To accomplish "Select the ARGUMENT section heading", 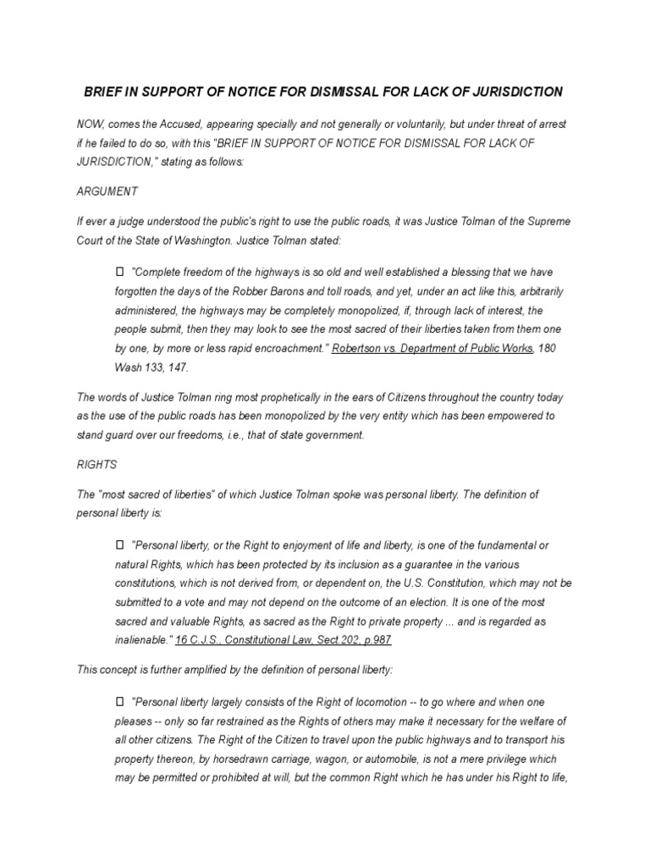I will [107, 191].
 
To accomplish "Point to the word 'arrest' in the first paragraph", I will [550, 124].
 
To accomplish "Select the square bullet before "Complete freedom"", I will [119, 271].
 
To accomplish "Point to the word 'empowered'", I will [520, 416].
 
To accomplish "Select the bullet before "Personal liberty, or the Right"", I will [119, 545].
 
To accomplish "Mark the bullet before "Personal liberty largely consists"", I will [119, 702].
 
